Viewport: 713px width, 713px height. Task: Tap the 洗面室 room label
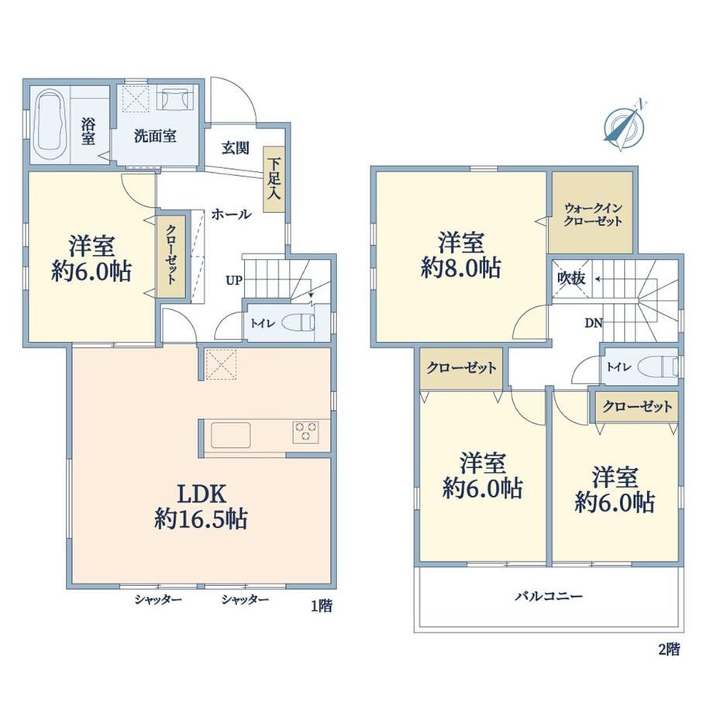click(x=155, y=136)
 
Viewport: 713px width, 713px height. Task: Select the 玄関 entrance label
click(x=236, y=148)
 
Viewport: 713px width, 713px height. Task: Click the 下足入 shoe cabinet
click(x=274, y=179)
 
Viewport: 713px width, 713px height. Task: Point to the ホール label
click(x=231, y=214)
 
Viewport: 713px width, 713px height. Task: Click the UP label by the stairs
click(x=234, y=281)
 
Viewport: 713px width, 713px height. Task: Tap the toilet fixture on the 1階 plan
click(x=298, y=323)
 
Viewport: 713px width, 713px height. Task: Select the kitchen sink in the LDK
click(x=230, y=436)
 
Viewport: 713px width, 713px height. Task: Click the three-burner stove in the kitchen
click(x=305, y=432)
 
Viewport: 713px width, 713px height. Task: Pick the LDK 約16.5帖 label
click(x=201, y=507)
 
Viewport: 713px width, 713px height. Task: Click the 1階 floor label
click(x=322, y=606)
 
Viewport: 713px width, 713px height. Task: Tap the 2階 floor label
click(x=669, y=649)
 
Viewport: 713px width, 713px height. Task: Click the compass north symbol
click(x=623, y=124)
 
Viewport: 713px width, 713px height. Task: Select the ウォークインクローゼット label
click(x=593, y=215)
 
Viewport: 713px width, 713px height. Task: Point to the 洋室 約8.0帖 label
click(x=461, y=255)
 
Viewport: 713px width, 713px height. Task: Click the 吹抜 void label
click(x=571, y=278)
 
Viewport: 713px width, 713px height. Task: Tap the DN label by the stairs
click(x=594, y=323)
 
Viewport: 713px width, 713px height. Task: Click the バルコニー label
click(x=549, y=596)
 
